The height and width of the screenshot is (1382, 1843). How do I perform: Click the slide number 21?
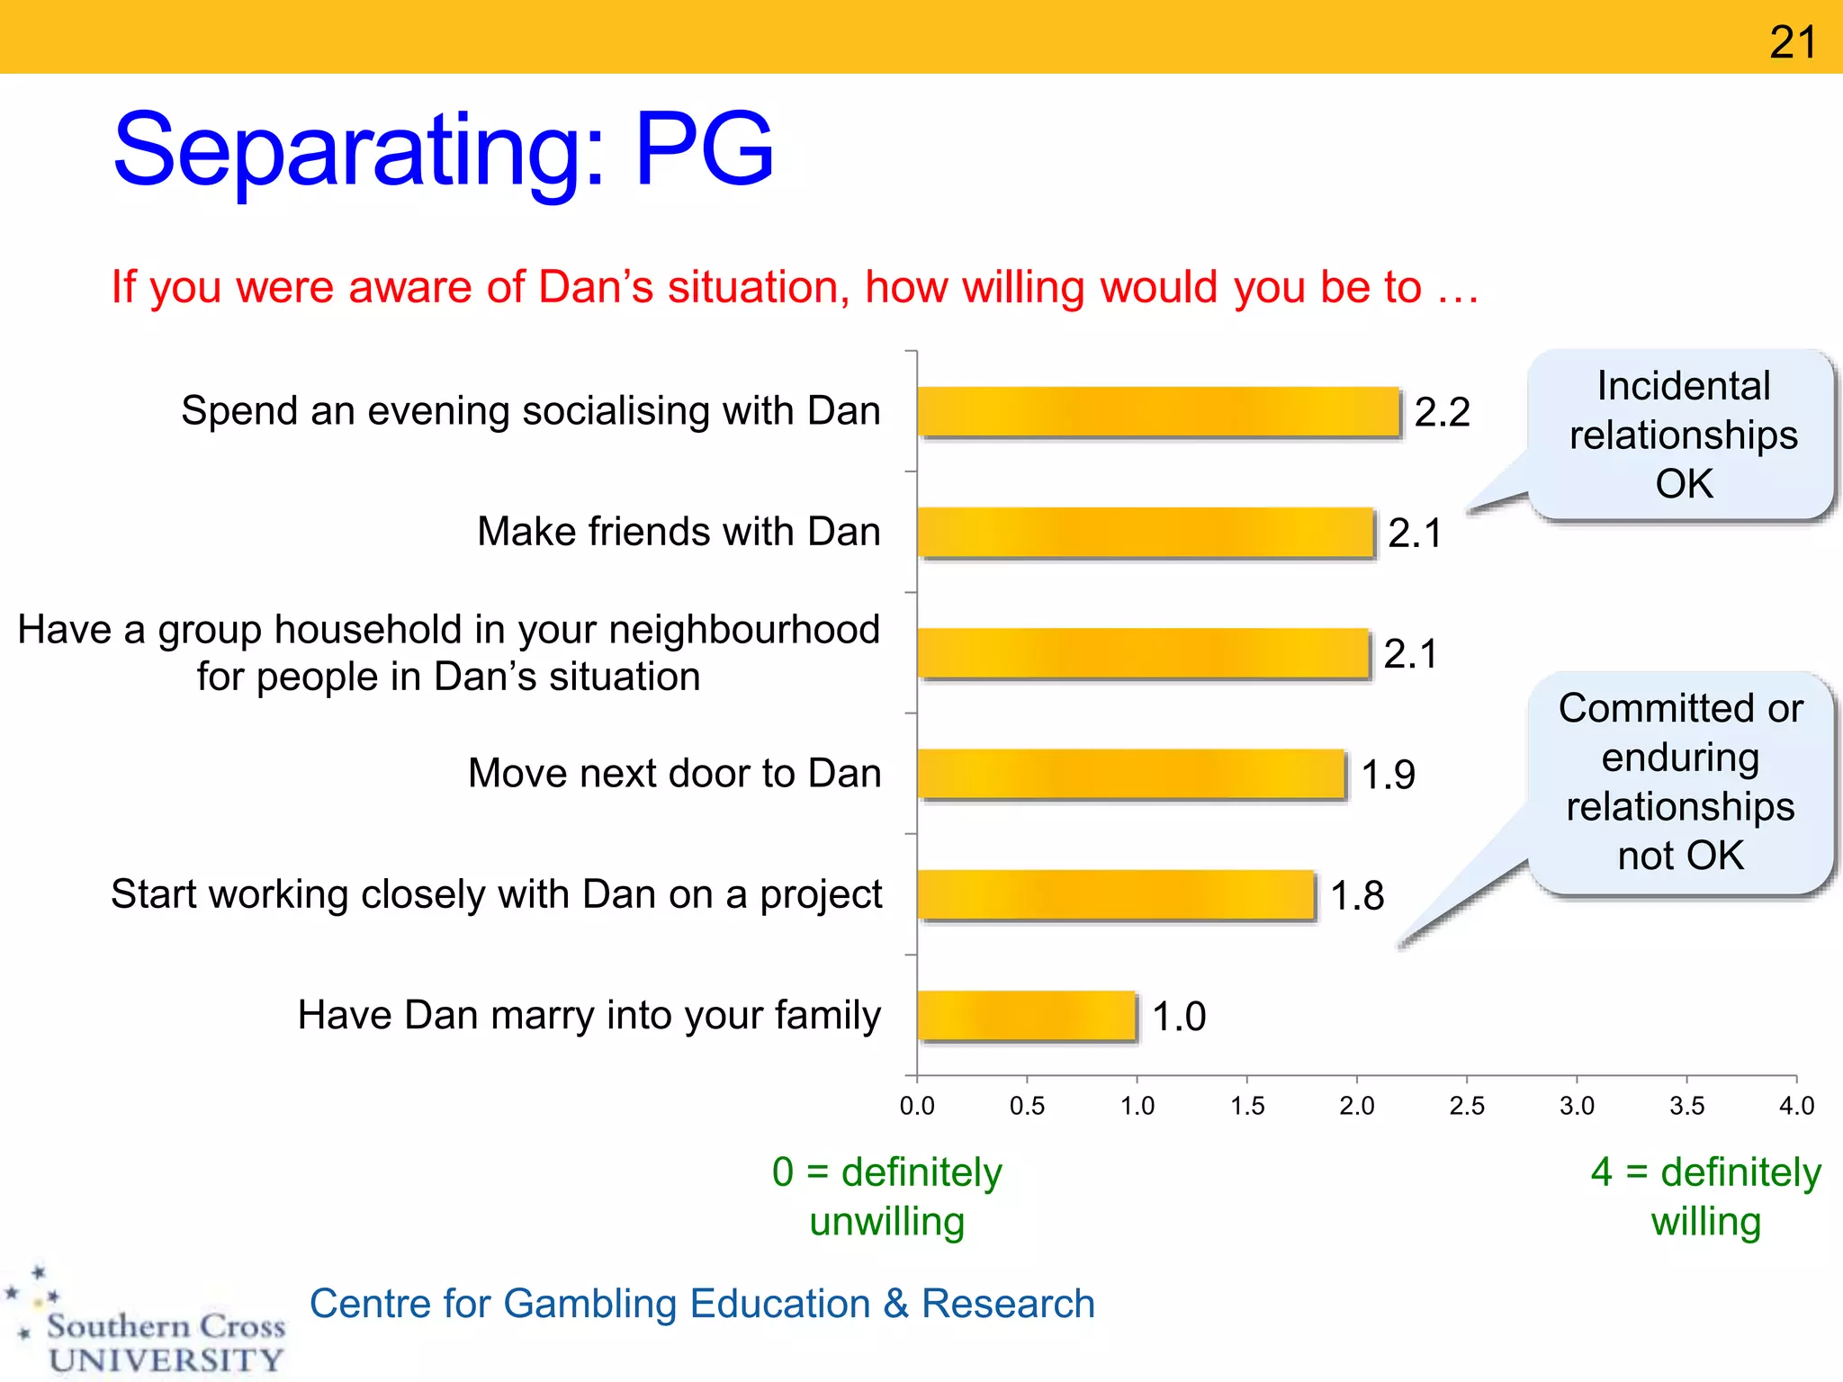point(1793,42)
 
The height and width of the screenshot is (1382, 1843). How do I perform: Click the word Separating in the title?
point(358,149)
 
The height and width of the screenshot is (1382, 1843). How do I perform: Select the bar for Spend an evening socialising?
point(1158,412)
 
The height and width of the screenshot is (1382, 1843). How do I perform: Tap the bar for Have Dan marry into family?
point(1026,1016)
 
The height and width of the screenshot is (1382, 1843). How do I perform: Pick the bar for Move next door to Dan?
point(1131,774)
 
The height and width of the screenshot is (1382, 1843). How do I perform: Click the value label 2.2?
point(1442,413)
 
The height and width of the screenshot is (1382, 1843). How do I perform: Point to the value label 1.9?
point(1388,775)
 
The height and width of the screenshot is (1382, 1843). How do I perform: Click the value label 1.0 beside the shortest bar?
point(1179,1017)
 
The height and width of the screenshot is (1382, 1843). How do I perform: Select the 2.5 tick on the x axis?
point(1466,1106)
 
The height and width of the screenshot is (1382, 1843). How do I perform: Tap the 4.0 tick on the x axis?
point(1796,1106)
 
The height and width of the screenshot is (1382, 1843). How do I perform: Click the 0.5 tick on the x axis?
point(1027,1106)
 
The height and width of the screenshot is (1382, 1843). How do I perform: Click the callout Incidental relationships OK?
point(1682,435)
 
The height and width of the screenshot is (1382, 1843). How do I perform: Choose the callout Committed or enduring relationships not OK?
point(1680,781)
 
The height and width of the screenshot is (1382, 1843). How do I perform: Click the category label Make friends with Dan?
point(679,532)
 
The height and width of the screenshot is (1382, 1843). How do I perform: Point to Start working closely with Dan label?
point(496,894)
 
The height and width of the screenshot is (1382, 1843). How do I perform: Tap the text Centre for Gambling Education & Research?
point(702,1304)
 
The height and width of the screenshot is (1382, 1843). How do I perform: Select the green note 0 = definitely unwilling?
point(886,1197)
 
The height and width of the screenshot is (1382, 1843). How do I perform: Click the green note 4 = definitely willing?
point(1705,1197)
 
